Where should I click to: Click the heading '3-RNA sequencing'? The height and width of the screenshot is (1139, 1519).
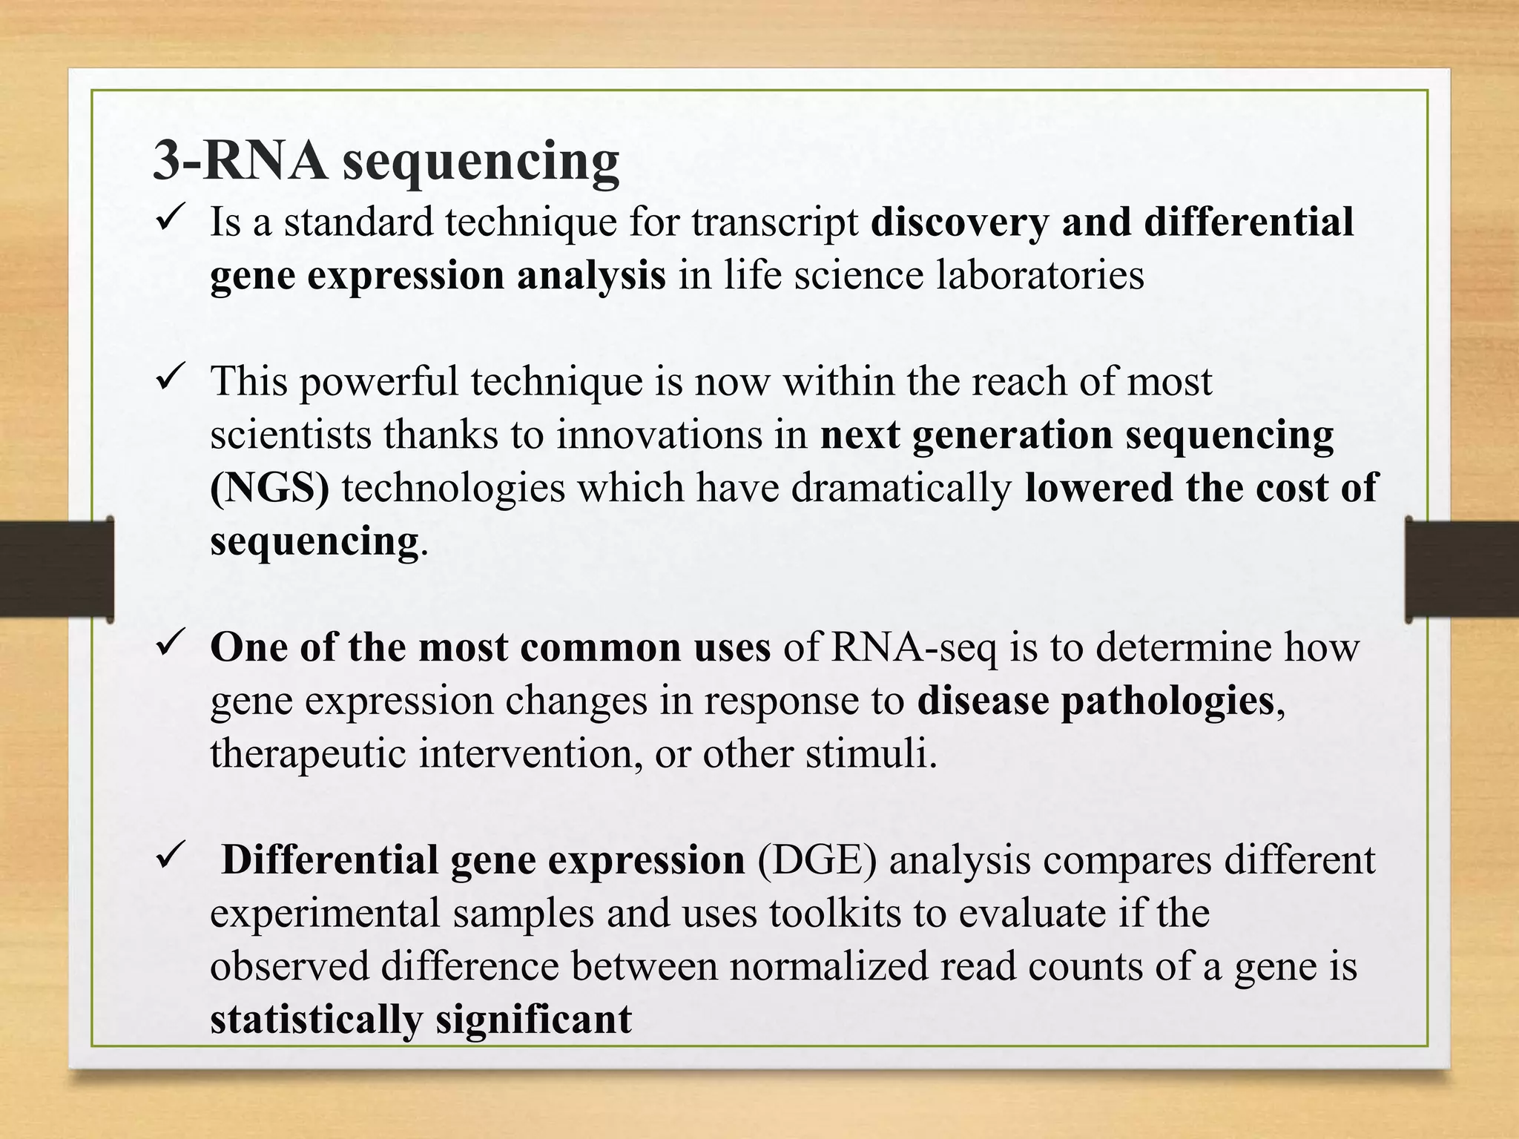tap(386, 161)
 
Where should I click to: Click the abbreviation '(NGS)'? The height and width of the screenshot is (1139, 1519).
tap(269, 488)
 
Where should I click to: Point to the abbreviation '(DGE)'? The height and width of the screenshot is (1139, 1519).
tap(817, 860)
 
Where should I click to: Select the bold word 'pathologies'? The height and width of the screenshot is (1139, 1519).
tap(1167, 701)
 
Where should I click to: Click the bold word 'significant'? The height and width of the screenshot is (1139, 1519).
tap(533, 1020)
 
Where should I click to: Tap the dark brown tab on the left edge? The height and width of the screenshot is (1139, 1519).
tap(56, 569)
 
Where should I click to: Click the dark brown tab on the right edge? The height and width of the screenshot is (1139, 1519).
tap(1461, 569)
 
